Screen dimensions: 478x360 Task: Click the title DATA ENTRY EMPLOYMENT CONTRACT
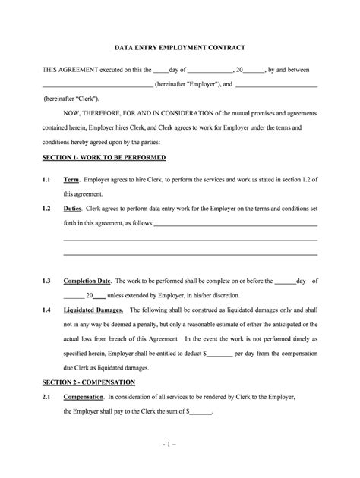(179, 48)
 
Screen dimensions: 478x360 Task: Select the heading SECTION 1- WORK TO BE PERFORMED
(104, 157)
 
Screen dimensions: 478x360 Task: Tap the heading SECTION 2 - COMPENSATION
(89, 382)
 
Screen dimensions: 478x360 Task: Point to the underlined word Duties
(74, 208)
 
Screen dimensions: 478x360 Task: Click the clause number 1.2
(46, 208)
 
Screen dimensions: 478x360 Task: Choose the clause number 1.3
(46, 280)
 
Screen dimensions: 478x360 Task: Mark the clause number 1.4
(46, 310)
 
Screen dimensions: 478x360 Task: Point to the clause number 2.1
(46, 397)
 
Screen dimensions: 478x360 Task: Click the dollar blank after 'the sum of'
(200, 413)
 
